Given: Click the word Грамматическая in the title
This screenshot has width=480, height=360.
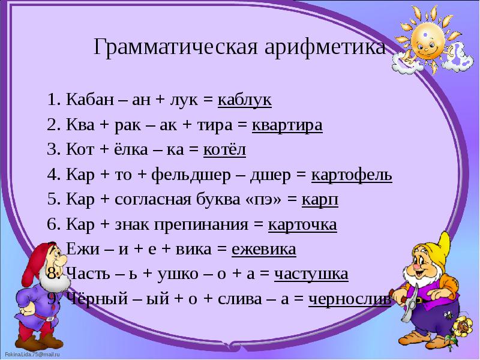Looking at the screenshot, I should [x=174, y=47].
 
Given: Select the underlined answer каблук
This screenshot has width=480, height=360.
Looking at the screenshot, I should [x=245, y=100].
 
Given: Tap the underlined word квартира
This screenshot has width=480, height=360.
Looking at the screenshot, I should [x=287, y=125].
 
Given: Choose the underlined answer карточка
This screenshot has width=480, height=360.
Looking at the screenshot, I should [x=302, y=225].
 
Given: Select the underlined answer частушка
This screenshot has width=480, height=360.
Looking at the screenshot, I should [x=311, y=275].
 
